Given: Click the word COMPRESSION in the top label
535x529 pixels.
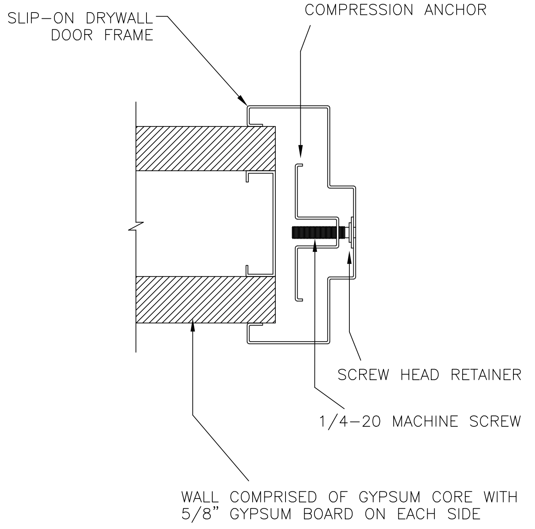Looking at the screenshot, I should (x=359, y=10).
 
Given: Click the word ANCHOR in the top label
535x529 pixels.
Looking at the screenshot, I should (x=455, y=10).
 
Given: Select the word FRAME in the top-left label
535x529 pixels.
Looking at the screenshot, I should (x=129, y=35).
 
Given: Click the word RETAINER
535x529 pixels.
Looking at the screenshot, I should (x=486, y=375).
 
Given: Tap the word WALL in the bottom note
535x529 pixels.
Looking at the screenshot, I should (x=200, y=497).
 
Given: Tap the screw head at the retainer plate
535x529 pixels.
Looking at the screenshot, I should (x=350, y=232).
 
